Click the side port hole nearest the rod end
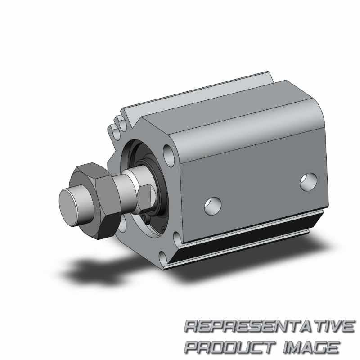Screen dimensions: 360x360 [x=213, y=206]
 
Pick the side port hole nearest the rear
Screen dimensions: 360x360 [x=309, y=182]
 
